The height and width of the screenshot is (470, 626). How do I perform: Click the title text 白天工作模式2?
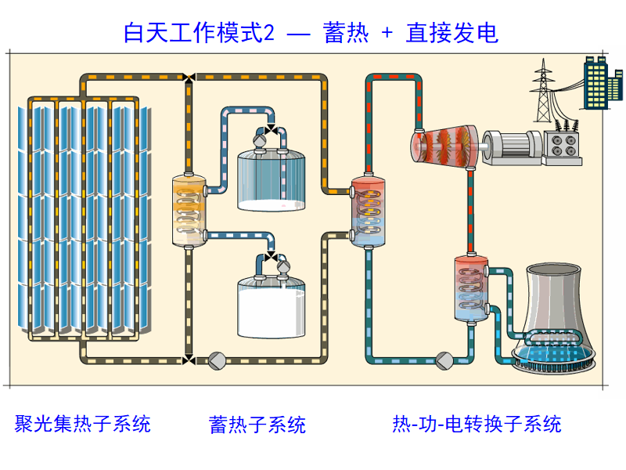click(199, 33)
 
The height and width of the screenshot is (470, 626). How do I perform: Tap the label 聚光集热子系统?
click(82, 424)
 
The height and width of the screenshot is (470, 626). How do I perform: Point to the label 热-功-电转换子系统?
click(477, 425)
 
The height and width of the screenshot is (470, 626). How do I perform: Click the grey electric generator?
click(513, 144)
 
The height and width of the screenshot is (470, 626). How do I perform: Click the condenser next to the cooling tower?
click(470, 288)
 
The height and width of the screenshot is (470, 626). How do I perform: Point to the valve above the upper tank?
click(271, 128)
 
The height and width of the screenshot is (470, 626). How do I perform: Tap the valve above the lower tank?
click(271, 256)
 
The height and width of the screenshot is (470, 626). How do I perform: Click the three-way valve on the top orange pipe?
click(189, 77)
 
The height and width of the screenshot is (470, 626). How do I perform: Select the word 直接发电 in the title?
click(452, 33)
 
